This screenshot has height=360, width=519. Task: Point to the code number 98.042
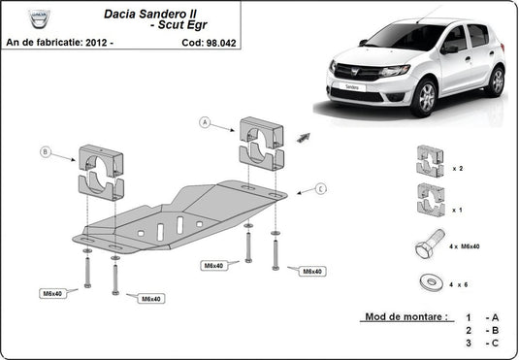pyautogui.click(x=218, y=43)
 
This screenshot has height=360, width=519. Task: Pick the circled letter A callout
pyautogui.click(x=205, y=122)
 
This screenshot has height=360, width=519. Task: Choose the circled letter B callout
pyautogui.click(x=46, y=151)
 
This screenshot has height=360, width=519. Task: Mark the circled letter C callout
pyautogui.click(x=320, y=187)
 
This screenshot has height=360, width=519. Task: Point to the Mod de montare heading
pyautogui.click(x=405, y=317)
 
